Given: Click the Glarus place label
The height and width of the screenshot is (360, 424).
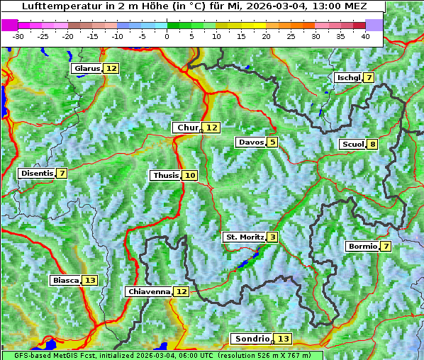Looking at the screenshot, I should click(x=87, y=68).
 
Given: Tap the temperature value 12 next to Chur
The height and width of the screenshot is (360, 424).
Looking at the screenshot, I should click(x=212, y=128).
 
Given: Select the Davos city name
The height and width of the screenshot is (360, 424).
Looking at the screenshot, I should click(x=251, y=142).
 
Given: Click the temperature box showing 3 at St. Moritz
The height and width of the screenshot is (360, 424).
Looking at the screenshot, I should click(x=272, y=237).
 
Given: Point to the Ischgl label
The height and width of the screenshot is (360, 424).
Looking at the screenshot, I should click(x=348, y=77).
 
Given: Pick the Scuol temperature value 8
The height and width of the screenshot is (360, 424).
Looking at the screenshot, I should click(x=372, y=145).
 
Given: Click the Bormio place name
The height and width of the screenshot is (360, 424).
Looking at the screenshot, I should click(x=362, y=247).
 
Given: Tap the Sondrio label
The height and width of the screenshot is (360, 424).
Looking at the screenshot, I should click(x=252, y=339).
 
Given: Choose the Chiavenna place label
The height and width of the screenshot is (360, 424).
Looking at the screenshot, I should click(x=149, y=291).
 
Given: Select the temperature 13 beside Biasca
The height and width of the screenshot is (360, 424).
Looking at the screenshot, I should click(x=89, y=280).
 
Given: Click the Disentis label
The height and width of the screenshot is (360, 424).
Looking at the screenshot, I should click(x=37, y=173).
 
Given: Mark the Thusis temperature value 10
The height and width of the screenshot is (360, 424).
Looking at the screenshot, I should click(x=189, y=175).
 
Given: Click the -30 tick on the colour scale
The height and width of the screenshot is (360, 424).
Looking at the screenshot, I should click(x=18, y=36).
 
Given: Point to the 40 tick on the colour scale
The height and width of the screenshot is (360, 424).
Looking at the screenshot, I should click(x=365, y=36).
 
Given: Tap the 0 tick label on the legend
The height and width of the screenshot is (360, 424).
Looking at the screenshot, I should click(x=167, y=36).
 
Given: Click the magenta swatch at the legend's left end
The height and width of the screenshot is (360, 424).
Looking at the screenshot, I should click(x=10, y=24).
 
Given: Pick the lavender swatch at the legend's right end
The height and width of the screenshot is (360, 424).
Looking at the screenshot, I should click(x=374, y=24).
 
